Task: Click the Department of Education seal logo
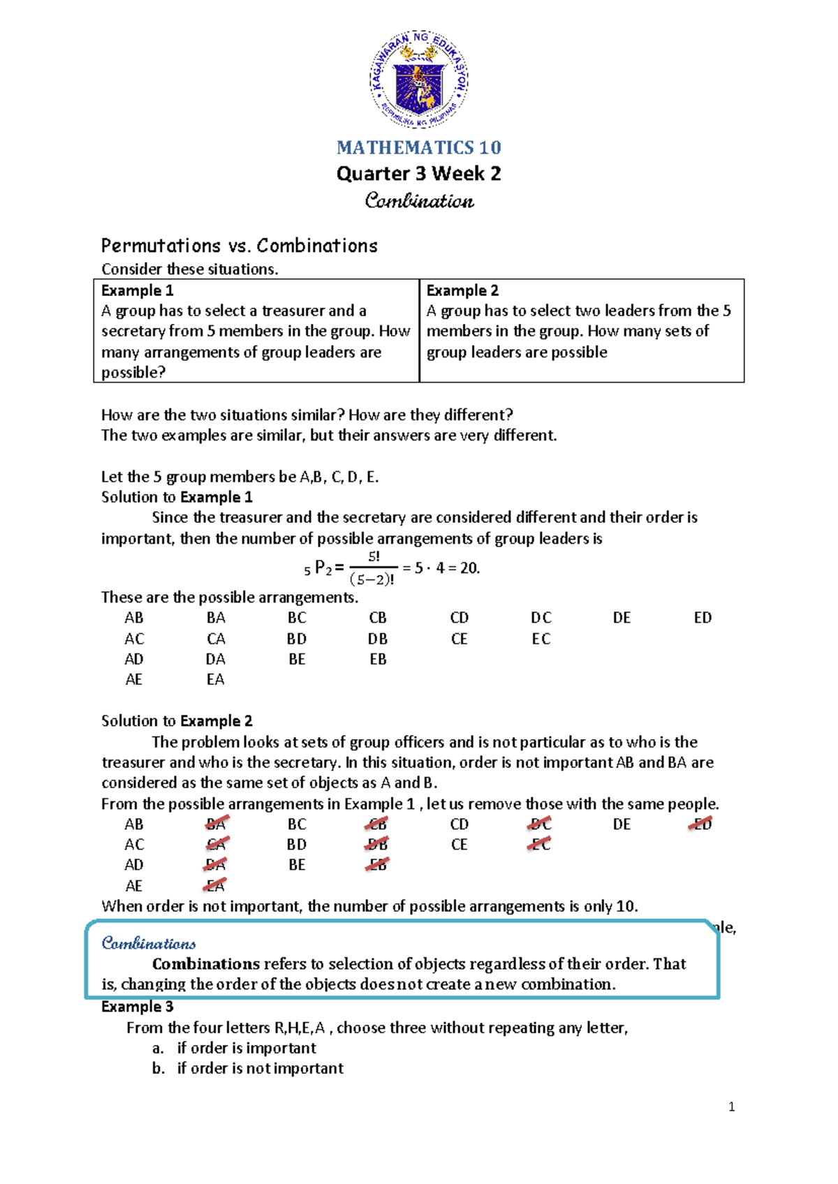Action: pos(418,79)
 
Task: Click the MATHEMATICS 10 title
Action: pos(418,147)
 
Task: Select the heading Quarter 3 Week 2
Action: pos(418,174)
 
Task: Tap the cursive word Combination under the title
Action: pos(419,201)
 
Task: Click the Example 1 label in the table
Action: pos(137,290)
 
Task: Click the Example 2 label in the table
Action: pos(462,290)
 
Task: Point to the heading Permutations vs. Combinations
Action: pos(239,246)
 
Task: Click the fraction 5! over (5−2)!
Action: pos(374,568)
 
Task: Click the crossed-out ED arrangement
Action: pos(701,824)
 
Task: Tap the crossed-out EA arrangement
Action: pos(215,886)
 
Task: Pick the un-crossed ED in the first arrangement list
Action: pos(703,618)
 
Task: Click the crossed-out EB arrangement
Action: pos(377,865)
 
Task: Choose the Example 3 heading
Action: pos(137,1007)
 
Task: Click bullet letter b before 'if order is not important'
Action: pos(158,1068)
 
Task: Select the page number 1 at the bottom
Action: pos(731,1107)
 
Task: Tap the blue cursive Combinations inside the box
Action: pos(149,944)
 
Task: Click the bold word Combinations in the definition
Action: pos(206,964)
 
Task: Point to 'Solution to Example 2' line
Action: pos(177,721)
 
